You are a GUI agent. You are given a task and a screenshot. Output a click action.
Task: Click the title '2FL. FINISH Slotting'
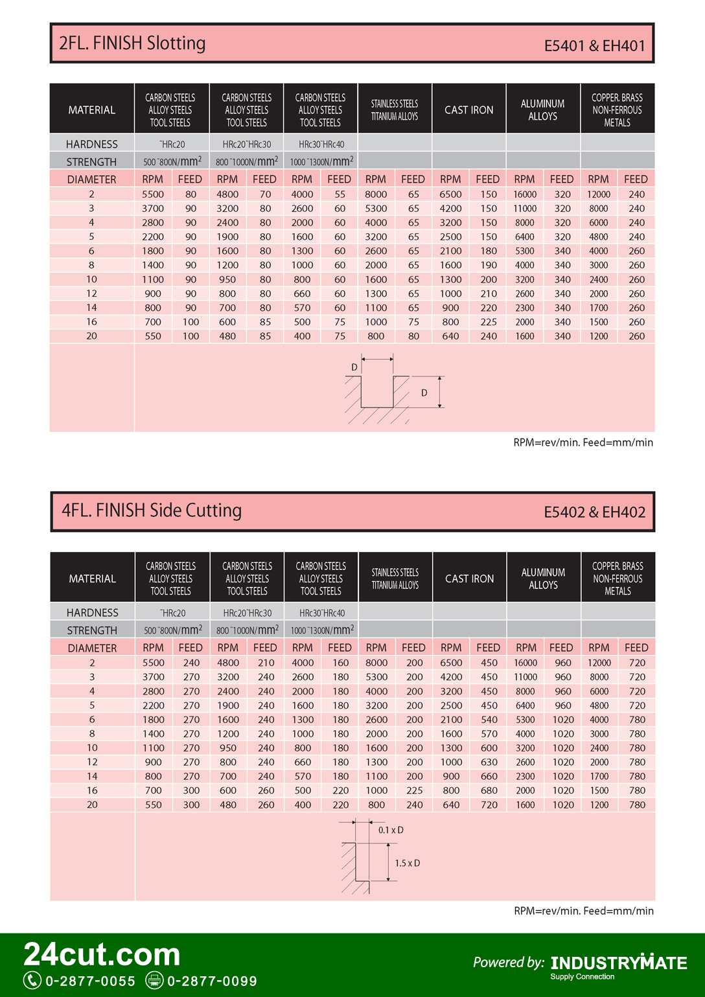pos(132,43)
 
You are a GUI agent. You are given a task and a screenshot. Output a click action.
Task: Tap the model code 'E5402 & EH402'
pos(594,512)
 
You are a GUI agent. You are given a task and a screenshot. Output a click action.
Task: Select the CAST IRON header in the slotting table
pos(468,110)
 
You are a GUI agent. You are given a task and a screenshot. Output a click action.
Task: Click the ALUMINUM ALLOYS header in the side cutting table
pos(543,579)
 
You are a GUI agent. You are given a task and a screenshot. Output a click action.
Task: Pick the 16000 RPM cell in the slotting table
pos(525,194)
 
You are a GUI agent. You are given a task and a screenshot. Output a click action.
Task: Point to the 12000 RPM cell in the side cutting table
pos(599,663)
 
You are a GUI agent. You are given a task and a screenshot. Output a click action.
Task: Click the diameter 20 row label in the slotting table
pos(91,336)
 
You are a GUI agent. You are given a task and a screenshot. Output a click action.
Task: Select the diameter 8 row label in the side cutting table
pos(92,734)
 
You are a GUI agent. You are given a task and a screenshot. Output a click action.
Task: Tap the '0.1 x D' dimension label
pos(391,830)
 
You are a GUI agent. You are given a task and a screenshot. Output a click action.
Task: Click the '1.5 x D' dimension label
pos(408,863)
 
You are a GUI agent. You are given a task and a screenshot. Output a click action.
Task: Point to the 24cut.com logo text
pos(102,954)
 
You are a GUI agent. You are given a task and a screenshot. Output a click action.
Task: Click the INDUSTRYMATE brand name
pos(619,963)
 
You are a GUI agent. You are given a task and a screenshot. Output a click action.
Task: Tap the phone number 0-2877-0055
pos(90,981)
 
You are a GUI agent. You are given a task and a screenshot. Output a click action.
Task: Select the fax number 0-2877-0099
pos(212,981)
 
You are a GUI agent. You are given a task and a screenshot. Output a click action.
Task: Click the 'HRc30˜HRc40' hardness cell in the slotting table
pos(321,144)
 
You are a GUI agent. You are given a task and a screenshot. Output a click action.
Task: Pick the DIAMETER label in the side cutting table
pos(92,648)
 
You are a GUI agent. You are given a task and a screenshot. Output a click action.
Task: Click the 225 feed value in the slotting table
pos(489,322)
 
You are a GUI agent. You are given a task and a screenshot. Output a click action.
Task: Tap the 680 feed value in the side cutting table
pos(489,790)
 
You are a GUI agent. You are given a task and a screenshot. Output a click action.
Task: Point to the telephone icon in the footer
pos(32,980)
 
